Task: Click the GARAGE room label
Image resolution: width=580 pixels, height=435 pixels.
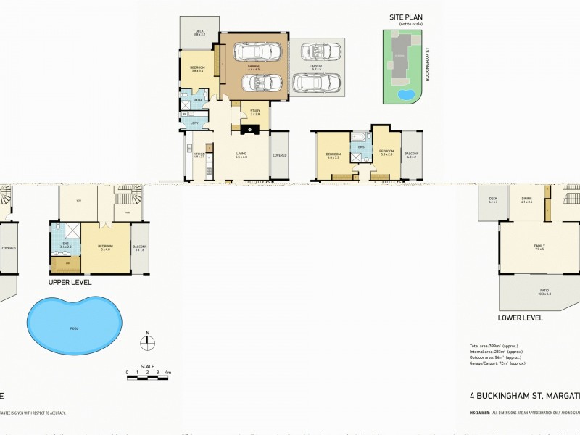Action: pos(254,67)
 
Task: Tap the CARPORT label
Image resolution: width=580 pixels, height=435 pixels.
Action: pos(315,67)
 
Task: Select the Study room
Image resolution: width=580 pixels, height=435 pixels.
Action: pos(255,112)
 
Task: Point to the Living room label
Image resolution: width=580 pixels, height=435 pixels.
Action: pos(241,154)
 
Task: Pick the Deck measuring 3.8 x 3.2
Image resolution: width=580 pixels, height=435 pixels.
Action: pos(199,33)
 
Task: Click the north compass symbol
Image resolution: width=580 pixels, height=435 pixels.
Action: pos(147,342)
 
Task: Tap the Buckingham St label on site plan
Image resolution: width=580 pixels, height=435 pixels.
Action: pos(428,65)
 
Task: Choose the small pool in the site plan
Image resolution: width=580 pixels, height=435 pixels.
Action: pos(406,94)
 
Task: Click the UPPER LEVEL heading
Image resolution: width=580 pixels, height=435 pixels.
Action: pos(70,282)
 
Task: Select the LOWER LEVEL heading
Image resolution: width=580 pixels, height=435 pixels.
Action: pos(520,318)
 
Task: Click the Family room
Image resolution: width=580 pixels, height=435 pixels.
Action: pos(539,247)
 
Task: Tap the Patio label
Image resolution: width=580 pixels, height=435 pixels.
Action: pos(544,292)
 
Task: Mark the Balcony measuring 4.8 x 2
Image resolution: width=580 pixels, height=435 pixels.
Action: pos(410,154)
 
